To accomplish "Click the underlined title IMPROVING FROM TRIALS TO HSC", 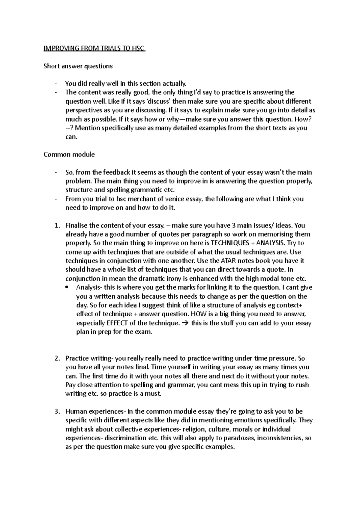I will point(94,49).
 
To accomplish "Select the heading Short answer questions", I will point(78,66).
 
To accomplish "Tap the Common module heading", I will point(69,155).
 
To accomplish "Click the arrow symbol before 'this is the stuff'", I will point(185,323).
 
